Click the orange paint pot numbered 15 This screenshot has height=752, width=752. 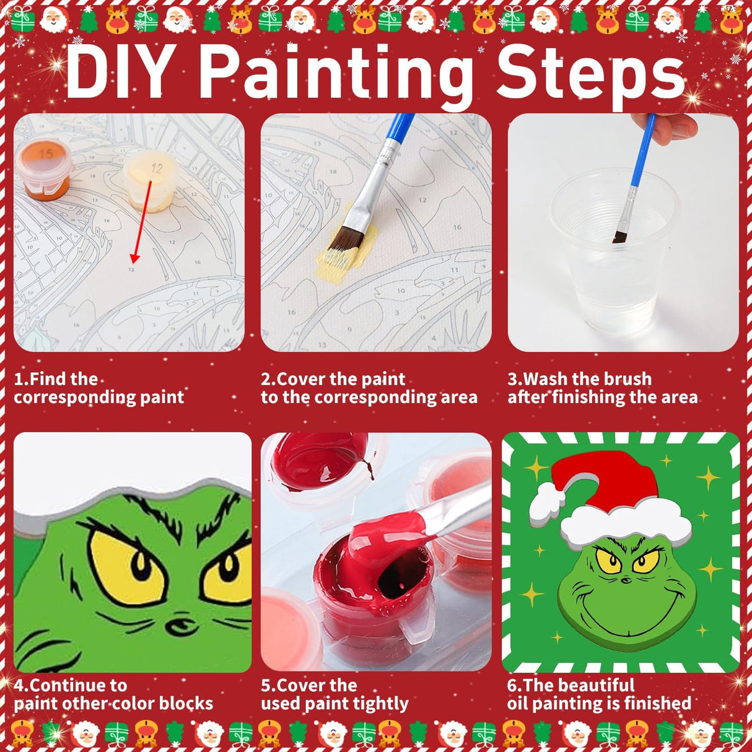[x=43, y=167]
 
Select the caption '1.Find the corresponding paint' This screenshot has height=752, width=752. [x=99, y=388]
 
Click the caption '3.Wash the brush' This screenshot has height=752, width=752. [x=579, y=378]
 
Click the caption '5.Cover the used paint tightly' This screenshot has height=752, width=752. [x=334, y=694]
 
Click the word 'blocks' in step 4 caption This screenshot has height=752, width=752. [x=186, y=704]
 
